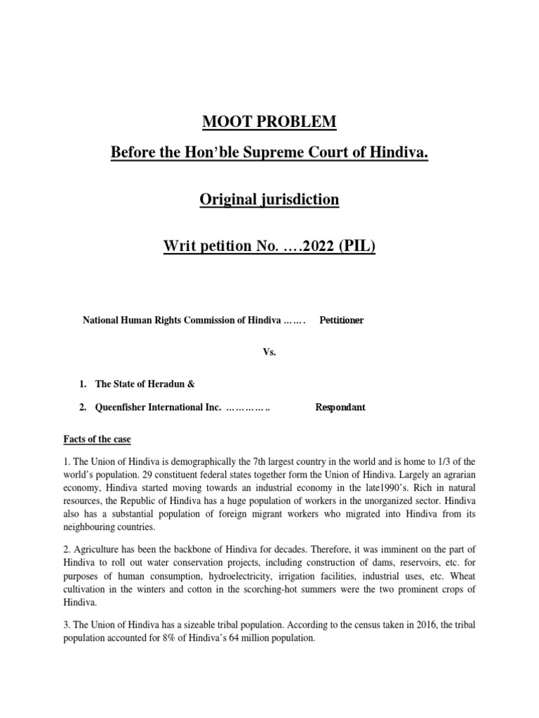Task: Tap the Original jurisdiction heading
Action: click(x=269, y=200)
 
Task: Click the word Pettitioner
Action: click(x=342, y=320)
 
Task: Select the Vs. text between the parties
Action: click(x=269, y=352)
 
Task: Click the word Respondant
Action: click(x=340, y=407)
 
